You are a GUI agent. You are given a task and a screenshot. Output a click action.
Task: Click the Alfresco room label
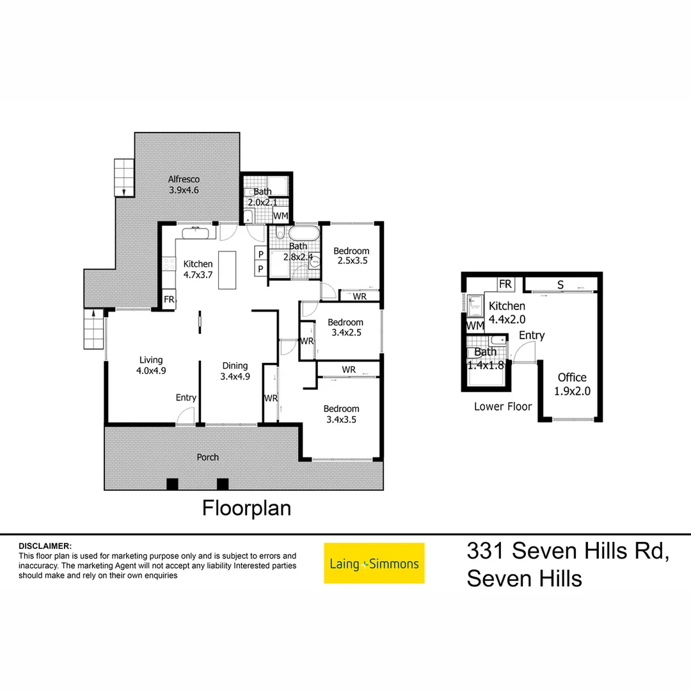tap(184, 185)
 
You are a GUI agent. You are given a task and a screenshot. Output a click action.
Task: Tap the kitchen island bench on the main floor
tap(226, 270)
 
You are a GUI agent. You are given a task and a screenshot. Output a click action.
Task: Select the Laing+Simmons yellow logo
tap(374, 563)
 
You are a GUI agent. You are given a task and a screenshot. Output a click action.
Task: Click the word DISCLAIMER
tap(45, 546)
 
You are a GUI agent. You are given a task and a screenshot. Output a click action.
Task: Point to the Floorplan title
tap(246, 508)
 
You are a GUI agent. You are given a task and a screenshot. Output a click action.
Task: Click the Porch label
tap(208, 457)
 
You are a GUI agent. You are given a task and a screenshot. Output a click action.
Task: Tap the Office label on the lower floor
tap(572, 383)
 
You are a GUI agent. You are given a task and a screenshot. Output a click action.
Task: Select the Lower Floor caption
tap(503, 406)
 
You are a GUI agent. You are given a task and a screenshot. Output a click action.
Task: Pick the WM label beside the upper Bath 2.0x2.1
tap(280, 216)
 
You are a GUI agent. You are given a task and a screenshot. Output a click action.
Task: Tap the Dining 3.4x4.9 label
tap(235, 371)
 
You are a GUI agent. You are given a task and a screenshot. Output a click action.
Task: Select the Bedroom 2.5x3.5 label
tap(351, 256)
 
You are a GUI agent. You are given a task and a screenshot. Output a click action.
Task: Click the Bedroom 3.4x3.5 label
tap(341, 414)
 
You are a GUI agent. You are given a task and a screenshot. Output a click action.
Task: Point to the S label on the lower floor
tap(560, 285)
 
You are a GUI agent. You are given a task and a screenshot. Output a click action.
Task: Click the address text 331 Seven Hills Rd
tap(568, 550)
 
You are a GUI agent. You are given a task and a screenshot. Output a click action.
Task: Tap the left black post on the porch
tap(172, 484)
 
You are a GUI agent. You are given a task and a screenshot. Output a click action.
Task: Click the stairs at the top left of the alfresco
tap(123, 177)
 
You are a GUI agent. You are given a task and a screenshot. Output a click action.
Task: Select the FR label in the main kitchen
tap(169, 299)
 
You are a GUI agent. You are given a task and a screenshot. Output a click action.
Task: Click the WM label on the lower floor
tap(475, 326)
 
